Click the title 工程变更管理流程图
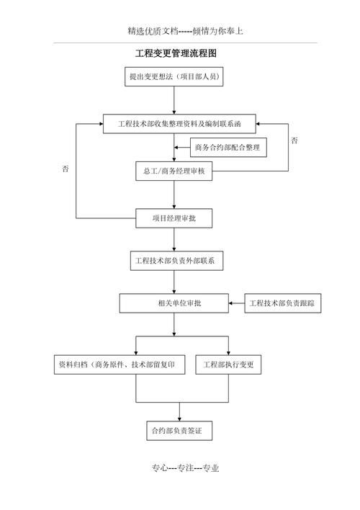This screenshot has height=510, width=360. click(x=176, y=53)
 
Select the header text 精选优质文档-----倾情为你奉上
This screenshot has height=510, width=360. click(x=185, y=31)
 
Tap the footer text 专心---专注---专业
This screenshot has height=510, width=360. click(x=185, y=467)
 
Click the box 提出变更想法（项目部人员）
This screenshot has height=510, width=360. click(x=174, y=76)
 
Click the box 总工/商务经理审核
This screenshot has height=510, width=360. click(x=174, y=171)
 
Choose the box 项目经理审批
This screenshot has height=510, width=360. click(x=174, y=218)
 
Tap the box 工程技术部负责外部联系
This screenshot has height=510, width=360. click(x=176, y=260)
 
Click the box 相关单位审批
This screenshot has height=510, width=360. click(x=174, y=303)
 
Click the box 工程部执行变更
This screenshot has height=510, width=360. click(x=229, y=364)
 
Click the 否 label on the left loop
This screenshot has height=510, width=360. click(x=66, y=169)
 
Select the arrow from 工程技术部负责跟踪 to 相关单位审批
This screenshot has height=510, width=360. click(x=237, y=303)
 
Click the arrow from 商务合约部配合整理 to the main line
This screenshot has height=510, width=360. click(x=181, y=148)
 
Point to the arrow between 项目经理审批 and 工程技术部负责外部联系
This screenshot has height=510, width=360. click(x=174, y=239)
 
